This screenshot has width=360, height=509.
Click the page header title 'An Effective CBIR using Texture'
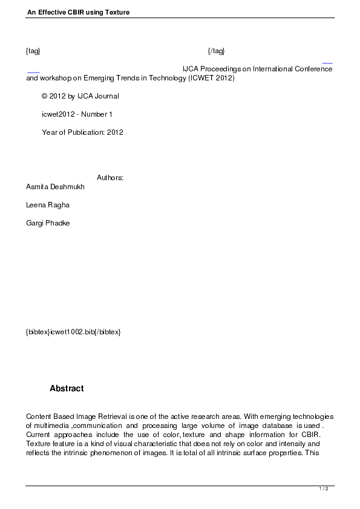click(x=78, y=12)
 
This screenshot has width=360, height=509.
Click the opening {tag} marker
click(x=33, y=51)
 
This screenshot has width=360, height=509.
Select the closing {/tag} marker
click(x=216, y=51)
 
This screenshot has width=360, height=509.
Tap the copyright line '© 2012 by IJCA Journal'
click(x=80, y=96)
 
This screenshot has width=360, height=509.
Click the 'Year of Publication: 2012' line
click(x=82, y=132)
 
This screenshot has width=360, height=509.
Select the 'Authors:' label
click(x=110, y=178)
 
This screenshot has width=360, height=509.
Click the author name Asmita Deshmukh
click(x=55, y=187)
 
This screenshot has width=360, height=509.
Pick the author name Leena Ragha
click(x=48, y=205)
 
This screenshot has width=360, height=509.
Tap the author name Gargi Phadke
click(x=48, y=223)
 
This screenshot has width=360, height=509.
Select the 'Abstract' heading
click(x=67, y=389)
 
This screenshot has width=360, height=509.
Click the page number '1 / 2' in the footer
click(x=324, y=488)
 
